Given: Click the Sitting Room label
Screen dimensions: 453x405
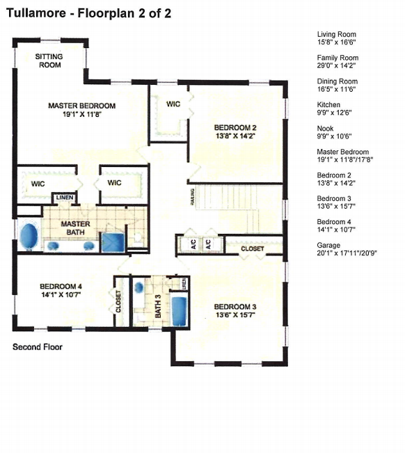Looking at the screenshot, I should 49,61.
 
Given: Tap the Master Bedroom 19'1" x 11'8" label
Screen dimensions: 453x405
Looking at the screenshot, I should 81,110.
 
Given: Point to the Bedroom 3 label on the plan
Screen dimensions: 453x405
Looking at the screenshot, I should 235,311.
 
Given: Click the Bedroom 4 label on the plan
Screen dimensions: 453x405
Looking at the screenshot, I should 61,290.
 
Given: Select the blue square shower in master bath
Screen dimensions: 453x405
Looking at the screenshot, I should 112,241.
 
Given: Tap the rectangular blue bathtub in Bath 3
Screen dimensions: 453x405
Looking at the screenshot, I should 180,310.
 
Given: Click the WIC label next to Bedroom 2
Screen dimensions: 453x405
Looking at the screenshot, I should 173,104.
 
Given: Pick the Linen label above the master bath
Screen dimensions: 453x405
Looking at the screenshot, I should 63,198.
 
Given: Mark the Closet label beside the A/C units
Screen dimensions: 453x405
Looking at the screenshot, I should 252,248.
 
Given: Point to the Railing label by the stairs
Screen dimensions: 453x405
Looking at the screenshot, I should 192,198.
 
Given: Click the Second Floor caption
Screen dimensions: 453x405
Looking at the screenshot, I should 38,347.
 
